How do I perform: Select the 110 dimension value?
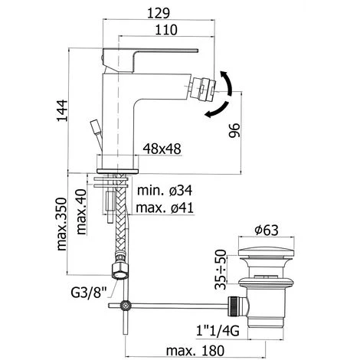pyautogui.click(x=162, y=29)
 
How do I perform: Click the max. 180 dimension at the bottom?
pyautogui.click(x=185, y=350)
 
